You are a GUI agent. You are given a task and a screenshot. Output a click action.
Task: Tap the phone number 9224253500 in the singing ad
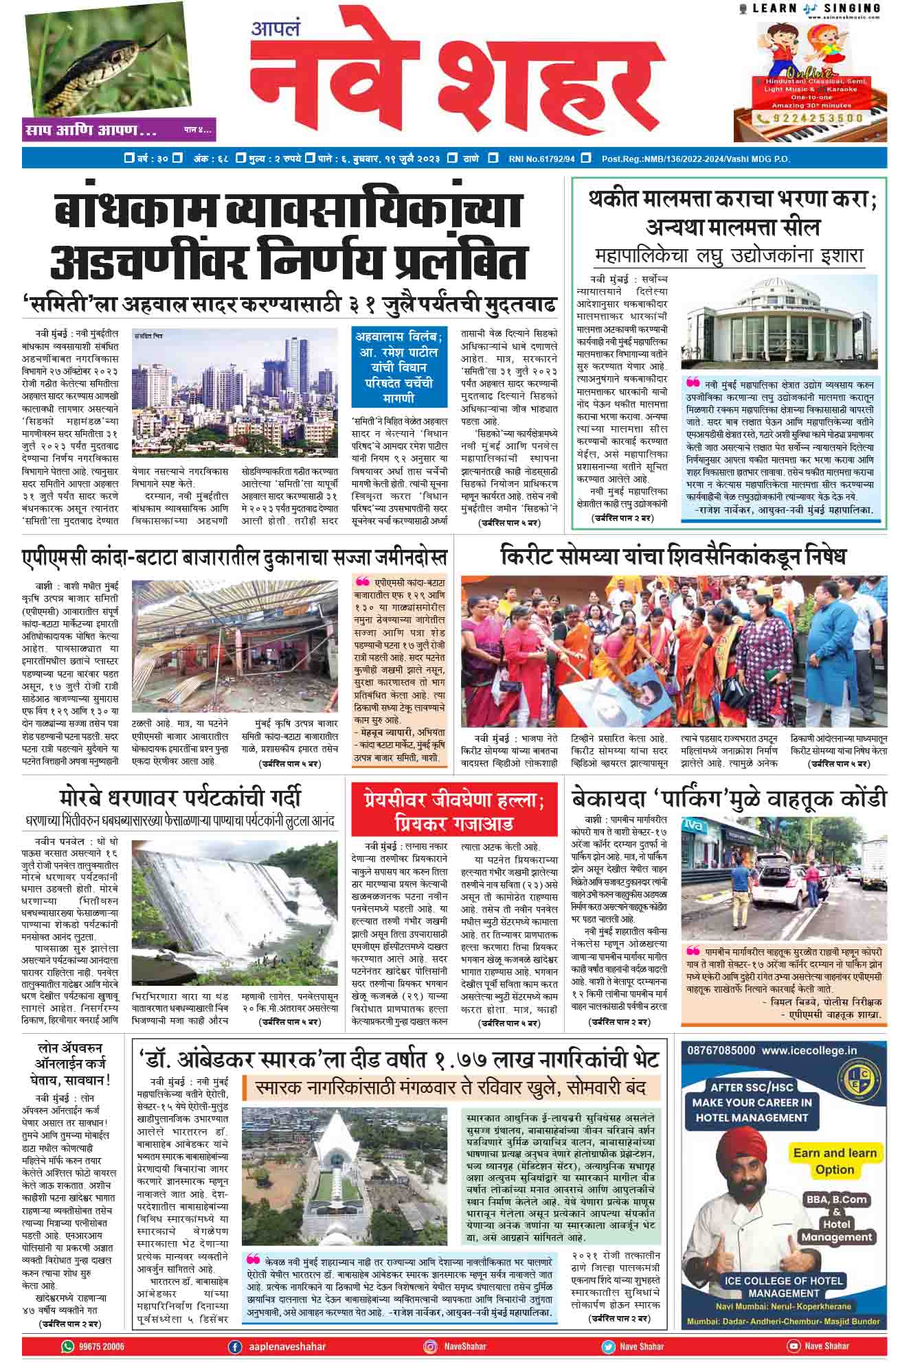815,118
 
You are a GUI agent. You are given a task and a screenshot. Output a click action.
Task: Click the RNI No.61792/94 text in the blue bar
541,159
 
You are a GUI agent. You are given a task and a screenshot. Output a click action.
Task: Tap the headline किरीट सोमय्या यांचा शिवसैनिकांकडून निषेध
673,556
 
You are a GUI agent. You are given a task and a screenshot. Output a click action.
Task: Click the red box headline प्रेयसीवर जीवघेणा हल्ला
454,810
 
